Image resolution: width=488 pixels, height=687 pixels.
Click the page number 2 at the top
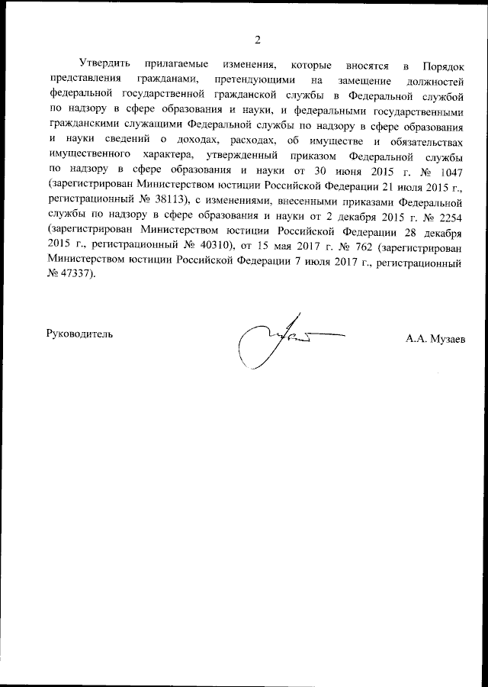pyautogui.click(x=257, y=40)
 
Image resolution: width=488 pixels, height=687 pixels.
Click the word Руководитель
pyautogui.click(x=80, y=334)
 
